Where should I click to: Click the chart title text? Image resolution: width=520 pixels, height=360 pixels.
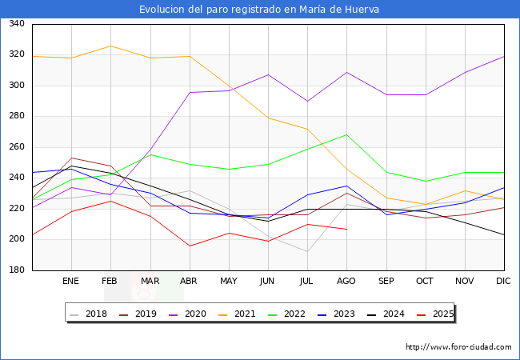pos(259,10)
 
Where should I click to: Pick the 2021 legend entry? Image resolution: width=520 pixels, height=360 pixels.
pos(244,314)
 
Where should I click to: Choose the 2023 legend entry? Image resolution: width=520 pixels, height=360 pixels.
pos(348,314)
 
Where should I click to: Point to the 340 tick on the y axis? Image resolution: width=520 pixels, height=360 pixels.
pos(16,24)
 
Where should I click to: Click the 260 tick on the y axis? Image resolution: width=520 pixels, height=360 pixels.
pos(16,147)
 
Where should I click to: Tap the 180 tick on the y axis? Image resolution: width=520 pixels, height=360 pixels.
pos(16,270)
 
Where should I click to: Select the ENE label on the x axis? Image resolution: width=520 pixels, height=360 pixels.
pos(71,282)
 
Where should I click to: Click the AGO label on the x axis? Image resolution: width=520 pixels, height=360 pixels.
pos(346,282)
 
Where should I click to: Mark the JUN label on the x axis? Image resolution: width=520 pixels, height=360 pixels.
pos(268,282)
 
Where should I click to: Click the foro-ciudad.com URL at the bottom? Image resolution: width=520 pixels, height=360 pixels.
pos(458,347)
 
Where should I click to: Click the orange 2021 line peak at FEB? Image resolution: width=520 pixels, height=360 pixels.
pos(110,46)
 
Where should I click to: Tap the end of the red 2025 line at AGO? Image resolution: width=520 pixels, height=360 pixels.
pos(346,230)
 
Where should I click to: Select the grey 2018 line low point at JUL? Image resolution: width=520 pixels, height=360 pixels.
pos(307,252)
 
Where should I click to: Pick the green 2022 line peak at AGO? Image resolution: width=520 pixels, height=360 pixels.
pos(346,134)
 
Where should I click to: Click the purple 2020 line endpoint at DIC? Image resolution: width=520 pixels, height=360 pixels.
pos(504,56)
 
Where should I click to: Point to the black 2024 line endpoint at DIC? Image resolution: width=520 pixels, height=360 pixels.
pos(504,235)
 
